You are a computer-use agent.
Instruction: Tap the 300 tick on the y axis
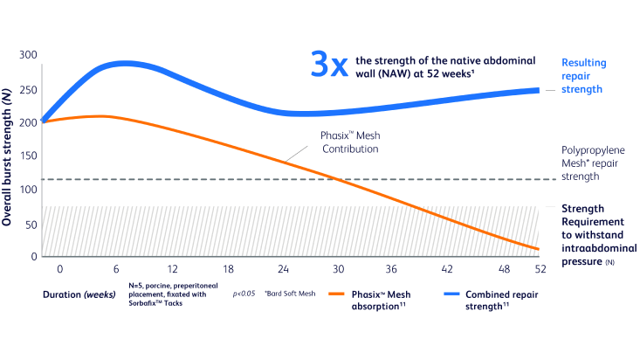(29, 56)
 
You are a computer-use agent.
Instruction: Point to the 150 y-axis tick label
(29, 156)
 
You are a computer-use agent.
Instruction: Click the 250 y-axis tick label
(29, 89)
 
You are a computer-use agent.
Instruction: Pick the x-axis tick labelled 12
(173, 270)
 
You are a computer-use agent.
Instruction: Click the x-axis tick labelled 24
(283, 270)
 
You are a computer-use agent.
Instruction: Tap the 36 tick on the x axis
(393, 270)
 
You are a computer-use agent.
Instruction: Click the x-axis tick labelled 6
(117, 270)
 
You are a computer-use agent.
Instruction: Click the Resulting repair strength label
(582, 76)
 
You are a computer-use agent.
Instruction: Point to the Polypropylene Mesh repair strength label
(591, 163)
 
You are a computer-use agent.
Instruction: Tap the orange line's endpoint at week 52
(538, 250)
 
